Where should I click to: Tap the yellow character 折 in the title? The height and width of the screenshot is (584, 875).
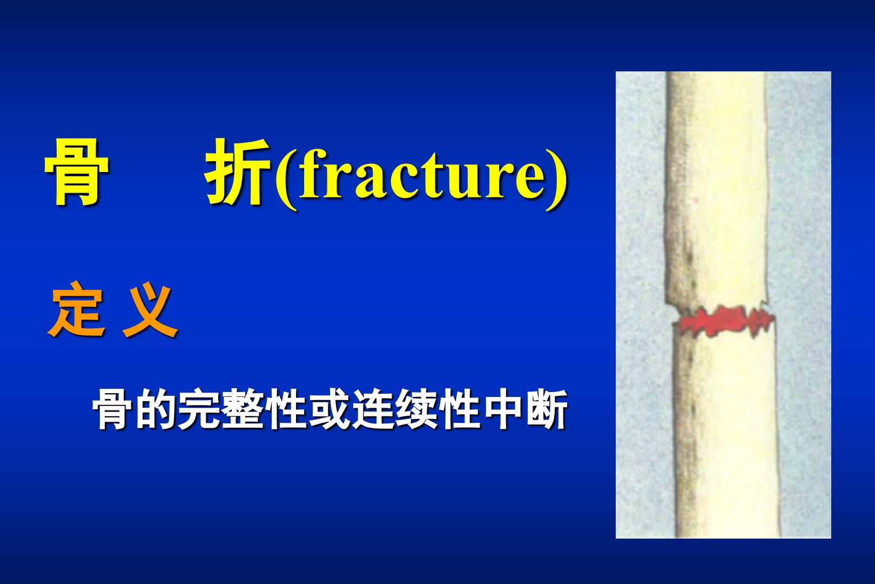(238, 172)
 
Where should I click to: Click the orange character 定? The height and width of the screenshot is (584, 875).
(77, 309)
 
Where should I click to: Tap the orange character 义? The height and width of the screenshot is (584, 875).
(150, 310)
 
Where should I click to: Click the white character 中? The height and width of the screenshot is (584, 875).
(503, 409)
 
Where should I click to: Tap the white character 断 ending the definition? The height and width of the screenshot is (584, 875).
(547, 409)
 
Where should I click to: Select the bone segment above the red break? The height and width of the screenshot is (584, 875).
(716, 188)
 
